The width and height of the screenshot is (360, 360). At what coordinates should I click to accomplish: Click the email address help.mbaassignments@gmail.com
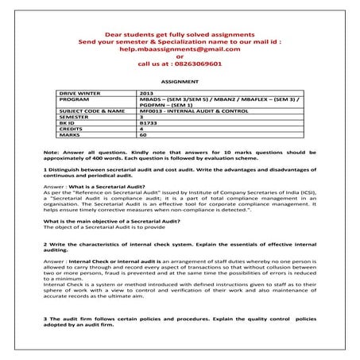(180, 49)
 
